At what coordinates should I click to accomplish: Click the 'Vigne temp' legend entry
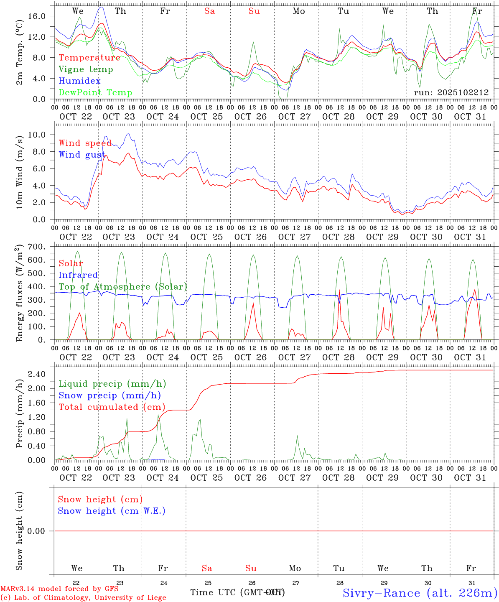tap(86, 69)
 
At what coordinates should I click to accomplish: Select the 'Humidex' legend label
tap(79, 81)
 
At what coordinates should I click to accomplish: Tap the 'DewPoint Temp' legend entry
tap(95, 93)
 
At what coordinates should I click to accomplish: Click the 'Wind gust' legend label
tap(82, 155)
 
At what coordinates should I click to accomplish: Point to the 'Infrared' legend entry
tap(78, 275)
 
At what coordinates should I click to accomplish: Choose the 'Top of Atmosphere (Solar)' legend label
tap(123, 287)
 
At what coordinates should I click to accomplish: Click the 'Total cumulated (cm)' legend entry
tap(112, 407)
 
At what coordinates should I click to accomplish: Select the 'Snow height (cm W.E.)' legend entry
tap(112, 511)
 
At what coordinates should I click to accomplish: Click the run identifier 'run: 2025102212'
tap(451, 92)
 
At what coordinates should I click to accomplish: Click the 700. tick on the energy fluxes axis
tap(37, 247)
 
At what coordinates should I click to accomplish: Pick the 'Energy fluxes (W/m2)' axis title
tap(20, 293)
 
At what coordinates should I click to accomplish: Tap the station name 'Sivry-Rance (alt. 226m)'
tap(420, 593)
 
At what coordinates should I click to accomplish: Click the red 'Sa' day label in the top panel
tap(209, 11)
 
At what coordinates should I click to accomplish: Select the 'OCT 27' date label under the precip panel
tap(295, 478)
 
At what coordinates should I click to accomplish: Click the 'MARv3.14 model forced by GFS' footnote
tap(59, 589)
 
